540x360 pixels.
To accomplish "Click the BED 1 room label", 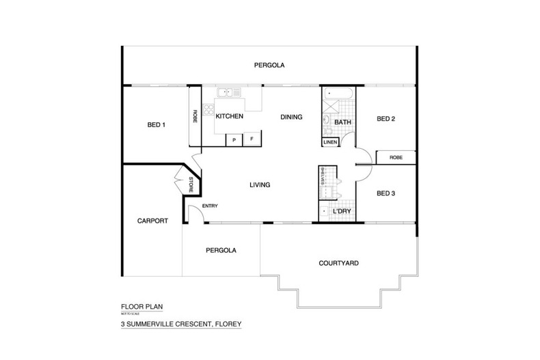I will (157, 125).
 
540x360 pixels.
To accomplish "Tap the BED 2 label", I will (386, 119).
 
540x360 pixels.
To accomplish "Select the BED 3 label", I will (386, 193).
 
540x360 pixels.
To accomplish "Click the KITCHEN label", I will (230, 117).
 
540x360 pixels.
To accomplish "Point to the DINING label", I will (291, 117).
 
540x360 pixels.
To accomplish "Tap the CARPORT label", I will (152, 221).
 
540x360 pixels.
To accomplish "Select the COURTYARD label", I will (339, 263).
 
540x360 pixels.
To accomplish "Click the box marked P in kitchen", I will (234, 139).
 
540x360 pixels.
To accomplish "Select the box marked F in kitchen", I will (252, 139).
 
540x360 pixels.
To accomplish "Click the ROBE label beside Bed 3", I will (396, 157).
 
